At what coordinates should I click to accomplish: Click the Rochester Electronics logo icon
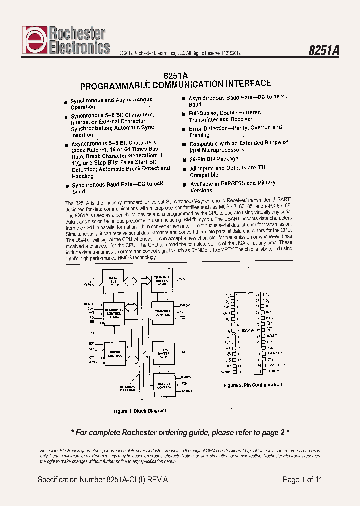point(33,41)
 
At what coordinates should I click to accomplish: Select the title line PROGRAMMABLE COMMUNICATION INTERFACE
point(176,84)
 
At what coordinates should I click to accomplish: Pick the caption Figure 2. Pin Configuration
point(252,385)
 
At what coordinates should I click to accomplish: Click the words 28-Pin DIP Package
point(214,159)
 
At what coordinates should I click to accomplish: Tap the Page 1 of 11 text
point(302,480)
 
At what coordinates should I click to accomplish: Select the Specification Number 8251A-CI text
point(103,480)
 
